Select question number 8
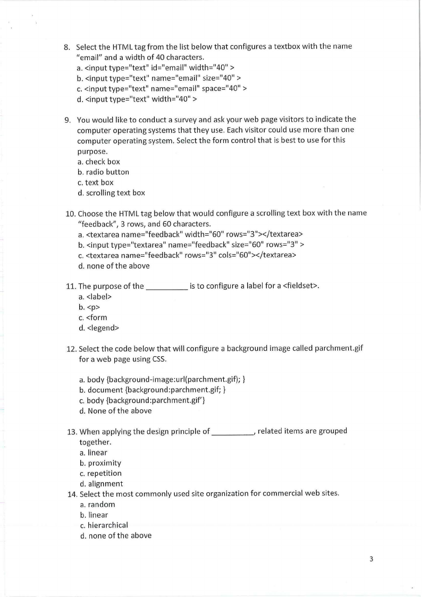(66, 47)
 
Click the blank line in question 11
(166, 287)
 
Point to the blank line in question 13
(232, 431)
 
